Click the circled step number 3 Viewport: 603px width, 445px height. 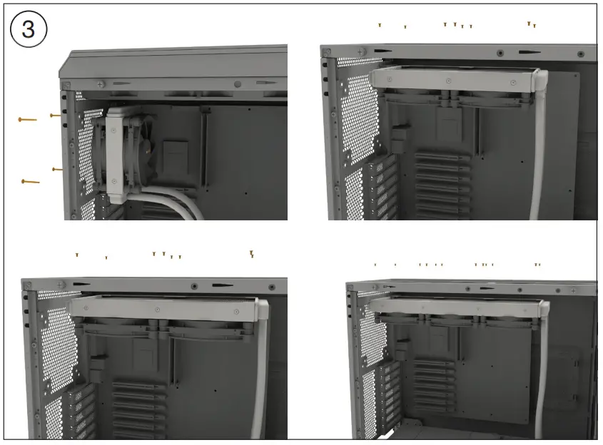[x=29, y=31]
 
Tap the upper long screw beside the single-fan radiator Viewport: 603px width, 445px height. [x=27, y=119]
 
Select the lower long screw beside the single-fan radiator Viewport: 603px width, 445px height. [x=31, y=182]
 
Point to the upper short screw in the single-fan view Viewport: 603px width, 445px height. [x=55, y=115]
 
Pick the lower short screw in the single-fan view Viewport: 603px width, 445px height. [x=58, y=170]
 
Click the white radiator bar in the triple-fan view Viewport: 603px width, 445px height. [x=457, y=307]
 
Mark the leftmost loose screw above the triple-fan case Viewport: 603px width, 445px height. [x=375, y=265]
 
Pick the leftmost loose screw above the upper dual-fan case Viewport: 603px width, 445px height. [x=380, y=25]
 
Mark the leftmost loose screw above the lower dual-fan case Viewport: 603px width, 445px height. [x=77, y=255]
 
